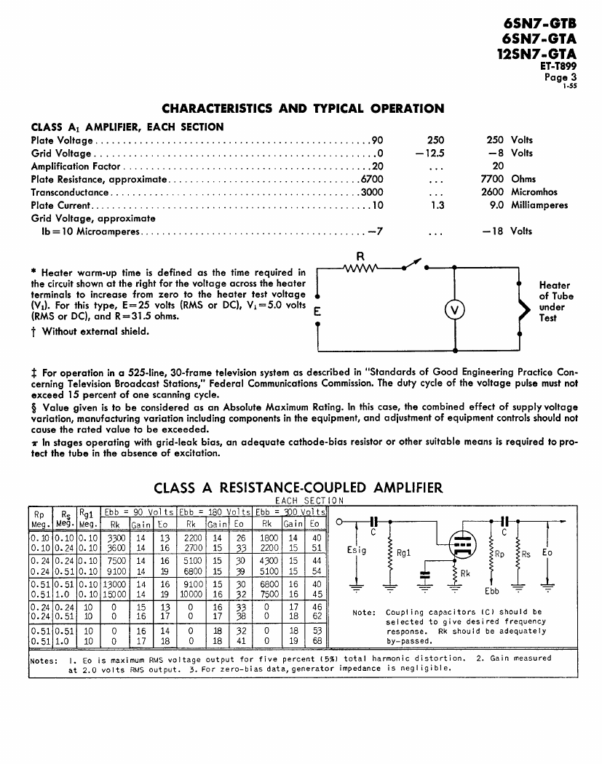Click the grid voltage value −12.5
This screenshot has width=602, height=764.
pyautogui.click(x=430, y=153)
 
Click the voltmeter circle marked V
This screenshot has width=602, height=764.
pyautogui.click(x=455, y=310)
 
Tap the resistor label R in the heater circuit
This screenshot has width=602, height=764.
pyautogui.click(x=360, y=255)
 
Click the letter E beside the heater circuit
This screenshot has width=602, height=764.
pyautogui.click(x=317, y=311)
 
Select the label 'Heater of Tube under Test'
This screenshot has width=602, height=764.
pyautogui.click(x=555, y=301)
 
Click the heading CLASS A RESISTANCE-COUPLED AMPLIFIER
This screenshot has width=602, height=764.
pyautogui.click(x=298, y=488)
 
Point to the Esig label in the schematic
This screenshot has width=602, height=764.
pyautogui.click(x=357, y=550)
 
